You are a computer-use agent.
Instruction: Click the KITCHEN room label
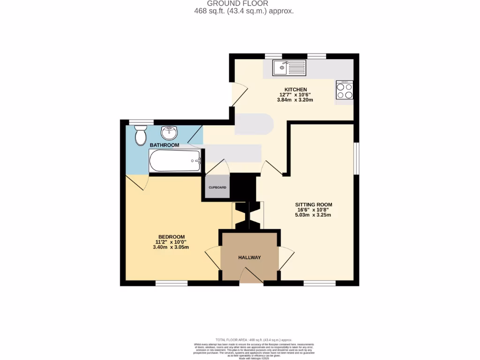coord(295,90)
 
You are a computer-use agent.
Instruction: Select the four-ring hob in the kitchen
coord(345,90)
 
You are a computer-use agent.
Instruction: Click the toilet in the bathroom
coord(140,136)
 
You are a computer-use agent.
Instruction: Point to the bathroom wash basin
coord(169,133)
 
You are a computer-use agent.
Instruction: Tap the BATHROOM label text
coord(164,145)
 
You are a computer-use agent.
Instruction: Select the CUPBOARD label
coord(217,188)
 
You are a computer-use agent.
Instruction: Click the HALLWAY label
coord(249,257)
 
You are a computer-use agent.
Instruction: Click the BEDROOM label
coord(171,237)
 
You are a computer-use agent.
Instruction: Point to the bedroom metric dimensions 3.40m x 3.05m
coord(171,247)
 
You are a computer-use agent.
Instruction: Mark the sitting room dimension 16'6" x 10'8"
coord(313,210)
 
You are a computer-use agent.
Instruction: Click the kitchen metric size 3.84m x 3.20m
coord(295,100)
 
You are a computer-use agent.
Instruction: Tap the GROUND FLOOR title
coord(244,3)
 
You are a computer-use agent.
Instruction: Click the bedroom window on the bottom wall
coord(172,283)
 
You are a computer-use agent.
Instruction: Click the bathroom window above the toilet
coord(141,122)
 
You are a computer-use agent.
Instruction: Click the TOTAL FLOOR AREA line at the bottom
coord(254,339)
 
